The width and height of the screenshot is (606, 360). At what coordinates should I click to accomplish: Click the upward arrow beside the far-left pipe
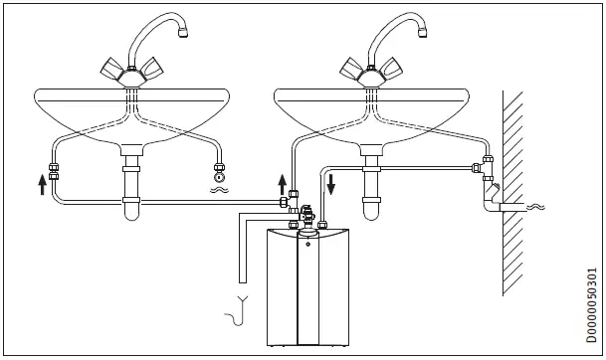[41, 183]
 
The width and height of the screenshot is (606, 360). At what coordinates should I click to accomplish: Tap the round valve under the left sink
[218, 169]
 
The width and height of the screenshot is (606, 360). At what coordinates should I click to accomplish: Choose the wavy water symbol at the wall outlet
[537, 207]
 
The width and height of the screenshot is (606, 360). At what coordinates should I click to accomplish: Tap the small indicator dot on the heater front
[307, 242]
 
